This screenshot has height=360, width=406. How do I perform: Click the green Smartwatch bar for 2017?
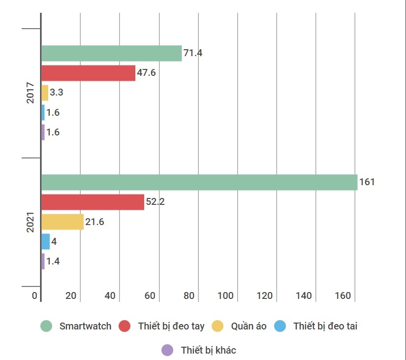pos(111,53)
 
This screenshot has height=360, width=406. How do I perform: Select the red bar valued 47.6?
pos(88,73)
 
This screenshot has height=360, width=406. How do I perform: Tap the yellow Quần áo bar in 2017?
pos(45,93)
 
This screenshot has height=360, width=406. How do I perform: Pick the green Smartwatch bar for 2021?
pos(199,182)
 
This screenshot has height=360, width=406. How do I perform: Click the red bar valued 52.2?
pos(93,202)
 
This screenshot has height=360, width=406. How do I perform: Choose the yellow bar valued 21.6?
pos(62,222)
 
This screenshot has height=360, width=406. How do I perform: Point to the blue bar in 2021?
pos(45,241)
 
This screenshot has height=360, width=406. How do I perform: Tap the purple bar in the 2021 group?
pos(43,261)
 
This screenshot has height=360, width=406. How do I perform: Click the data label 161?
pos(367,182)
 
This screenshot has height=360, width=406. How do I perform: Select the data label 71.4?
pos(192,53)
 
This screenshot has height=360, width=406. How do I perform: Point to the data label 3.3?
pos(57,93)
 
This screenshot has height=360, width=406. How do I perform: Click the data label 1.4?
pos(53,262)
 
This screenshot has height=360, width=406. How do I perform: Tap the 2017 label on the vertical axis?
pos(31,93)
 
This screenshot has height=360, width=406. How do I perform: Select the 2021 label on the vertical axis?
pos(31,222)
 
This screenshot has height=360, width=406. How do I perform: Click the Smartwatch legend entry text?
pos(85,326)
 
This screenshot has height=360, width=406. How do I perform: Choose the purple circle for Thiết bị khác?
pos(167,350)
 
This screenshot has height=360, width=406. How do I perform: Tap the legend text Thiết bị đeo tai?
pos(325,326)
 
